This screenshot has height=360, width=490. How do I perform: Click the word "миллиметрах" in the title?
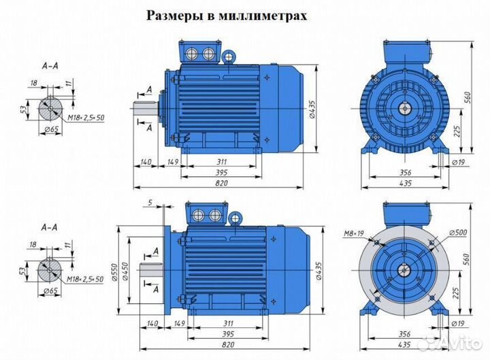pos(269,15)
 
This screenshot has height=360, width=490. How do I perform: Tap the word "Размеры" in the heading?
pos(172,15)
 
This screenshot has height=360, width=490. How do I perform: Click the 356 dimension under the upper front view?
pos(405,171)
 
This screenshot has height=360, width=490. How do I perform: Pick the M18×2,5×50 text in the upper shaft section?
pos(85,118)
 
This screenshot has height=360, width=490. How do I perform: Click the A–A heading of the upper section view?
pos(49,67)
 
